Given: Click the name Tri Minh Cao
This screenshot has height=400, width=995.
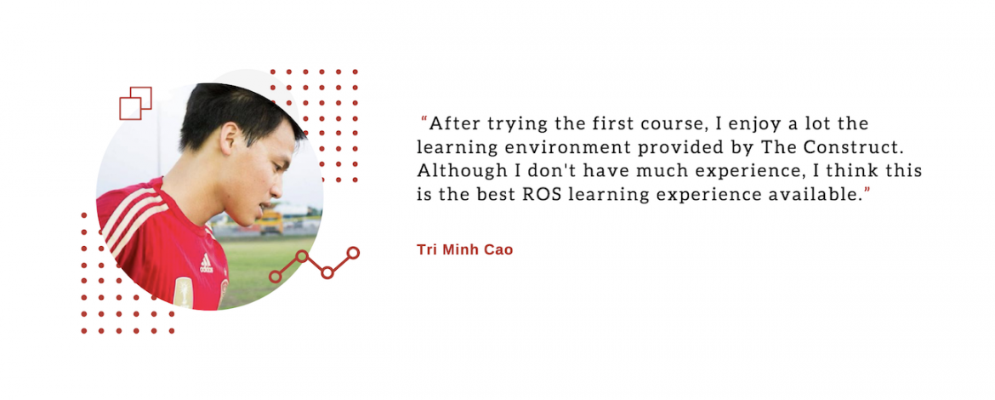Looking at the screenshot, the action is (464, 249).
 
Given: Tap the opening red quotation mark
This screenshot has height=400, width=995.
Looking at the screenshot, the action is (424, 119).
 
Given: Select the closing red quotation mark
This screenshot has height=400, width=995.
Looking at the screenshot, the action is (867, 190).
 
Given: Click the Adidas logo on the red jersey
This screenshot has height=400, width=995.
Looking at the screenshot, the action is (207, 263).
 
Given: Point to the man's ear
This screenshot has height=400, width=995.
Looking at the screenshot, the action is (229, 139).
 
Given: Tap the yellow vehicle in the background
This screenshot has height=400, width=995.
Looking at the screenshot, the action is (271, 222).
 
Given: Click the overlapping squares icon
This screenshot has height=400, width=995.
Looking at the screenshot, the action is (136, 103).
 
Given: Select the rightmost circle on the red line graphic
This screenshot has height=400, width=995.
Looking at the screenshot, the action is (354, 253).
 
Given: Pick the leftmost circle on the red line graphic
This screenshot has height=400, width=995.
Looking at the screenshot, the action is (275, 277).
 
